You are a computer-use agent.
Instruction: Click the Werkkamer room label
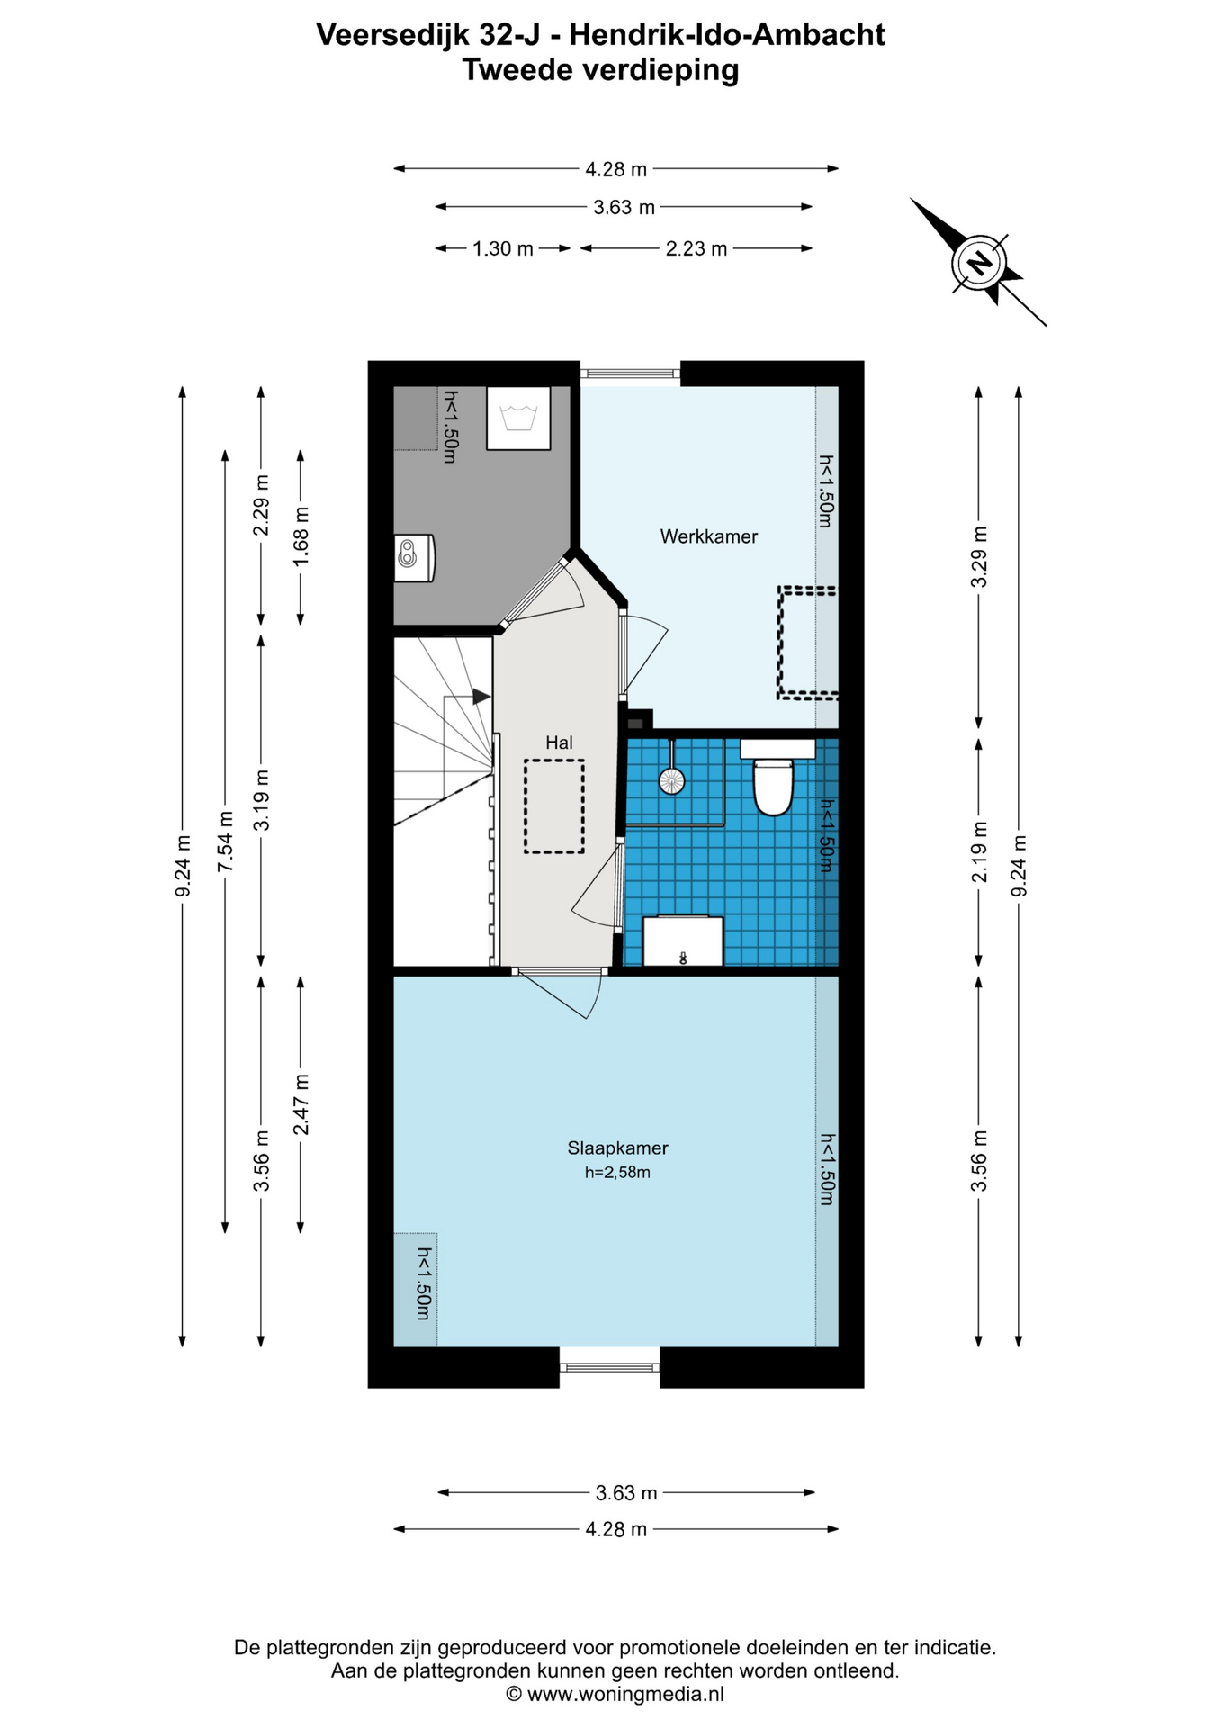pos(708,536)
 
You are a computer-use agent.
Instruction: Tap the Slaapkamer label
pos(617,1147)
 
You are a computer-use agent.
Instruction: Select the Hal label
pos(559,742)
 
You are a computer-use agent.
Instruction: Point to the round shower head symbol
pos(671,780)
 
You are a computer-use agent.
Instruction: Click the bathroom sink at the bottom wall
pos(682,941)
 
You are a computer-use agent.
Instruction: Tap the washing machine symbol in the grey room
pos(518,418)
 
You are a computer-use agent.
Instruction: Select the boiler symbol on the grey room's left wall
pos(414,558)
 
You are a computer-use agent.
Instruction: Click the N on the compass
pos(979,264)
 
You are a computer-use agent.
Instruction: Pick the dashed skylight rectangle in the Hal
pos(554,806)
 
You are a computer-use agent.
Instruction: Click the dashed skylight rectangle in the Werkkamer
pos(808,643)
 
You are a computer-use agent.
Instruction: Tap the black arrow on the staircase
pos(481,697)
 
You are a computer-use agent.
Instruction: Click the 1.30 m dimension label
pos(503,248)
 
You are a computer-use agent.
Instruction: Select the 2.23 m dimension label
pos(696,248)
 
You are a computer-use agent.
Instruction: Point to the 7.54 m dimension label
pos(226,841)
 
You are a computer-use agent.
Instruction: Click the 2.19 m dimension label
pos(979,851)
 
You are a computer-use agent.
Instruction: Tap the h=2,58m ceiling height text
pos(617,1172)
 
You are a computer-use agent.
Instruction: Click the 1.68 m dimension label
pos(301,535)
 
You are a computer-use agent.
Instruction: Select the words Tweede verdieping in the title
pos(600,69)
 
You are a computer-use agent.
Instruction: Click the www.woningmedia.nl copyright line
pos(615,1694)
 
